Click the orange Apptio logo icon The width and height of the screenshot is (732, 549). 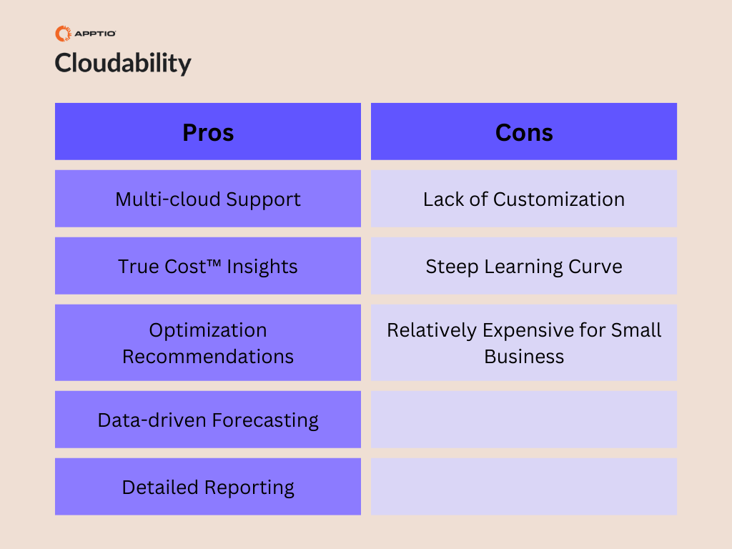click(x=63, y=34)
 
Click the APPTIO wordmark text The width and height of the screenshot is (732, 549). click(x=95, y=34)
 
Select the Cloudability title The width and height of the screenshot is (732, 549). click(x=123, y=63)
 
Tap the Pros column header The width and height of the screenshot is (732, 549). click(x=208, y=132)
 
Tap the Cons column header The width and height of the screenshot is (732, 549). click(x=524, y=132)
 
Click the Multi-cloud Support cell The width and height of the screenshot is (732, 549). click(x=208, y=199)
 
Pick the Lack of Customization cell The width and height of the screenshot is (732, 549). click(x=524, y=199)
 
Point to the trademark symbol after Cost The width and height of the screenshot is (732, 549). click(x=214, y=263)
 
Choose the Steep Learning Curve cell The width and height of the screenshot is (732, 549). click(x=524, y=266)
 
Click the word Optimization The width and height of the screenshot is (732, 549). click(x=208, y=330)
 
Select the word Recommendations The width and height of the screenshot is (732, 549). click(x=208, y=357)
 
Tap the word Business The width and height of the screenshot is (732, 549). click(x=524, y=357)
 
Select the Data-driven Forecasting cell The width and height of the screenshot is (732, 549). click(x=208, y=420)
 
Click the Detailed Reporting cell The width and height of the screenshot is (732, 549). click(x=208, y=487)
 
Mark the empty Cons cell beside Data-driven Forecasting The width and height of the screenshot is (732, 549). click(x=524, y=420)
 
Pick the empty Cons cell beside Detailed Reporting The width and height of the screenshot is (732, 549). click(x=524, y=487)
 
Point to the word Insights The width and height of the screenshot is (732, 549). click(x=262, y=267)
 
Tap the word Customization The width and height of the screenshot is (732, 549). click(x=559, y=199)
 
